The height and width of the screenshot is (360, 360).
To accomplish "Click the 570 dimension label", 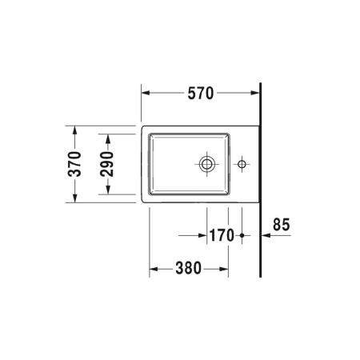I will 201,94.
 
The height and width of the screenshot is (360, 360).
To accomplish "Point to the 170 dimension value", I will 222,235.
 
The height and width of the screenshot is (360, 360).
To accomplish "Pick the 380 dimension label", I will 188,268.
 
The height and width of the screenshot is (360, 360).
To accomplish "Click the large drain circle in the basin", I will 206,165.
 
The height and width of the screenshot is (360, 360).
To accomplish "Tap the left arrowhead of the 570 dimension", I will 146,94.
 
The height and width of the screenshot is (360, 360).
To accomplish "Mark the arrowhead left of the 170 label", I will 202,236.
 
